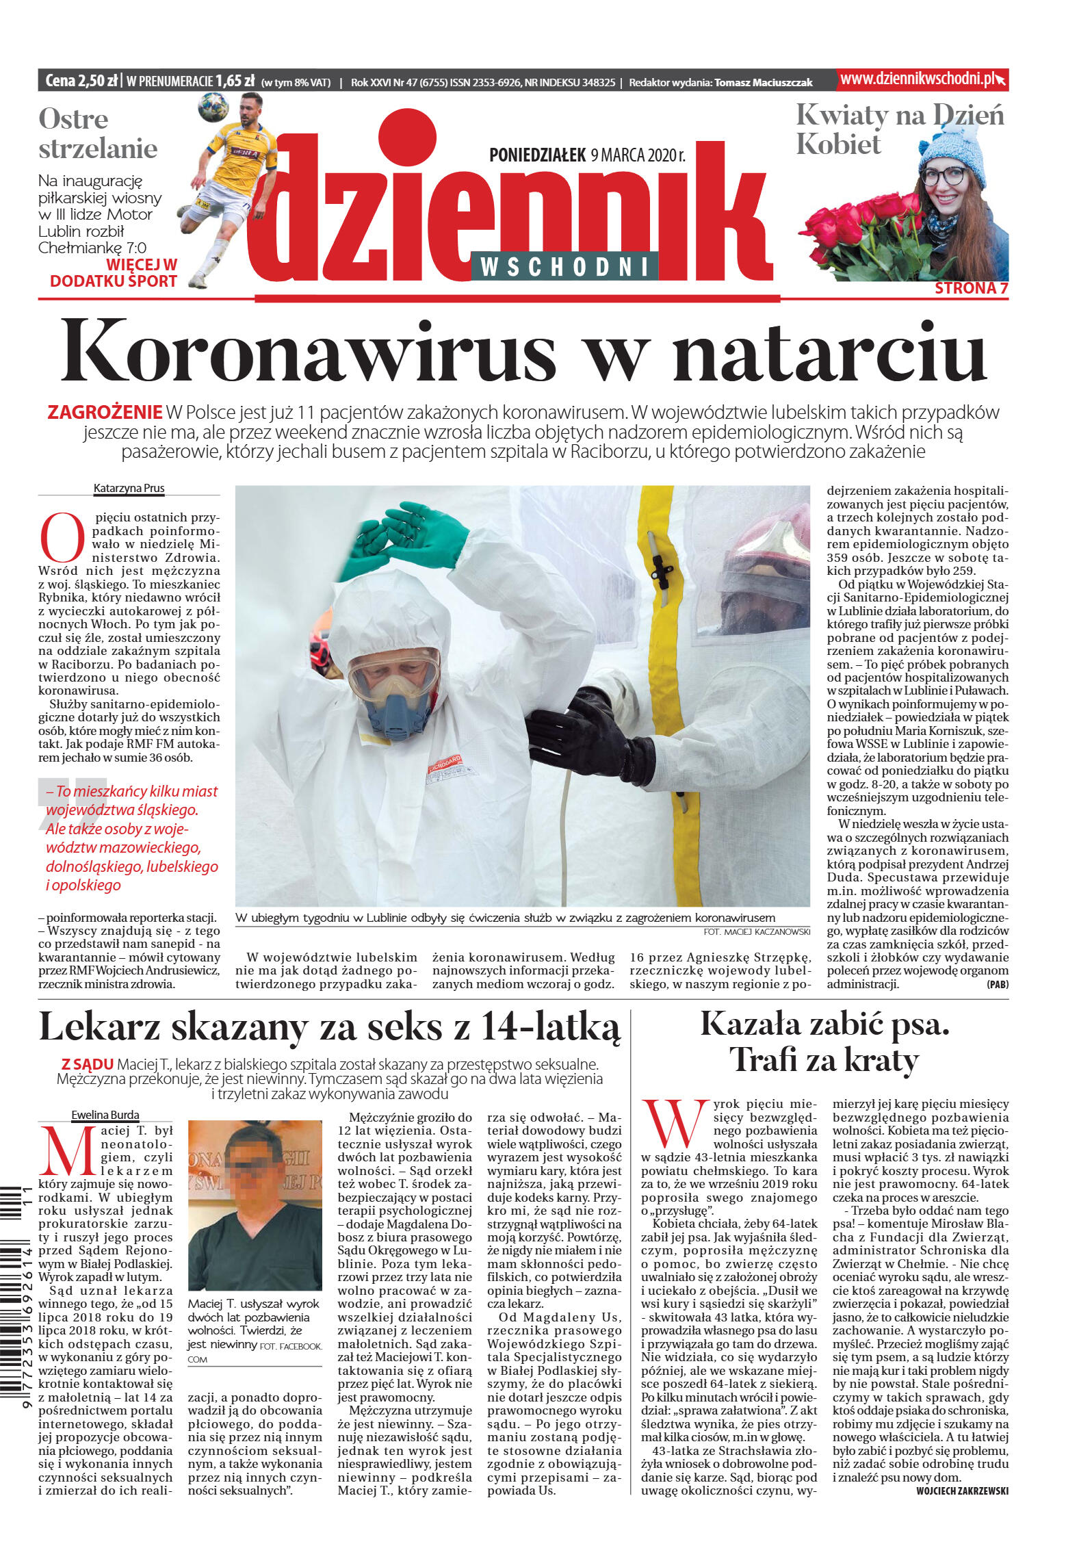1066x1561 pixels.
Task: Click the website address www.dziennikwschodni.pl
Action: tap(917, 79)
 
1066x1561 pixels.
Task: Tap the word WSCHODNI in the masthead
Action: tap(564, 267)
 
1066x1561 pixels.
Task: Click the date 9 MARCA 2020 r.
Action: tap(638, 155)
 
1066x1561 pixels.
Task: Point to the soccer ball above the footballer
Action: tap(213, 107)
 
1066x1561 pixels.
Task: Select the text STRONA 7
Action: tap(971, 288)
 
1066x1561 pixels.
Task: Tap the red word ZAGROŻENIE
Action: tap(105, 413)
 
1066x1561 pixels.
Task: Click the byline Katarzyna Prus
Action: tap(129, 488)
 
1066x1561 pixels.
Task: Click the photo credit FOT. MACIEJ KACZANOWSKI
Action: tap(756, 932)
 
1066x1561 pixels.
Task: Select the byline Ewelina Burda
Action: tap(105, 1115)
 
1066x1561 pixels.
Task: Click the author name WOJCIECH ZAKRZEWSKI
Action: tap(961, 1491)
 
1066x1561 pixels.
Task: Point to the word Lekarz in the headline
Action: tap(99, 1028)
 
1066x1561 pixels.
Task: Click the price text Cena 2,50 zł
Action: tap(81, 81)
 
